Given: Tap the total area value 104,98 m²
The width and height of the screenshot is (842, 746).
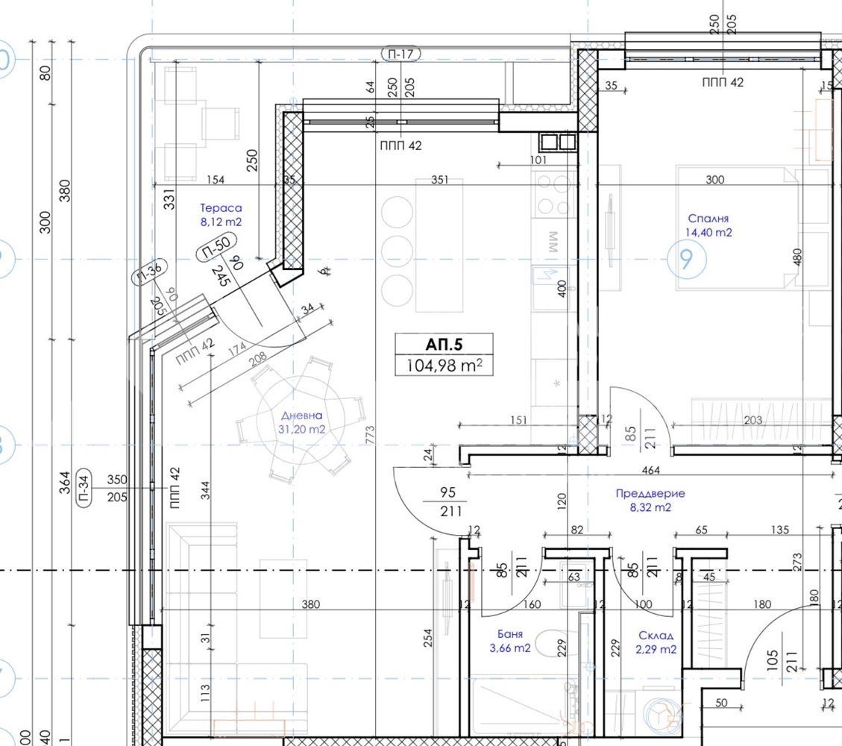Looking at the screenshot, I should tap(444, 365).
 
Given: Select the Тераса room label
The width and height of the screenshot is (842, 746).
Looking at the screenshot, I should tap(221, 209).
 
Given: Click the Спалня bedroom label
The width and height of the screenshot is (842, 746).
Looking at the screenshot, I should tap(709, 219).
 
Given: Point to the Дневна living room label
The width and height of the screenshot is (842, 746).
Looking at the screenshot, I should tap(302, 416).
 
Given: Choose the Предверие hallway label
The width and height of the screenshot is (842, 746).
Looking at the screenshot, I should tap(650, 493).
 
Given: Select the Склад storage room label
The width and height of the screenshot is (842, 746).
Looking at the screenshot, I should tap(656, 636).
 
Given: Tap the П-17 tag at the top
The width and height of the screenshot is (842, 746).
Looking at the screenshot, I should tap(400, 54).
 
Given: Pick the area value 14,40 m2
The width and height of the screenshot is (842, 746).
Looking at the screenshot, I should tap(709, 232).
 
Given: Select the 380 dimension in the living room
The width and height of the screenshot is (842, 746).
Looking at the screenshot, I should tap(310, 604).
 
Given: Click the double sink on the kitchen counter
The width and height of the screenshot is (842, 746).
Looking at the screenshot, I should tap(557, 141).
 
